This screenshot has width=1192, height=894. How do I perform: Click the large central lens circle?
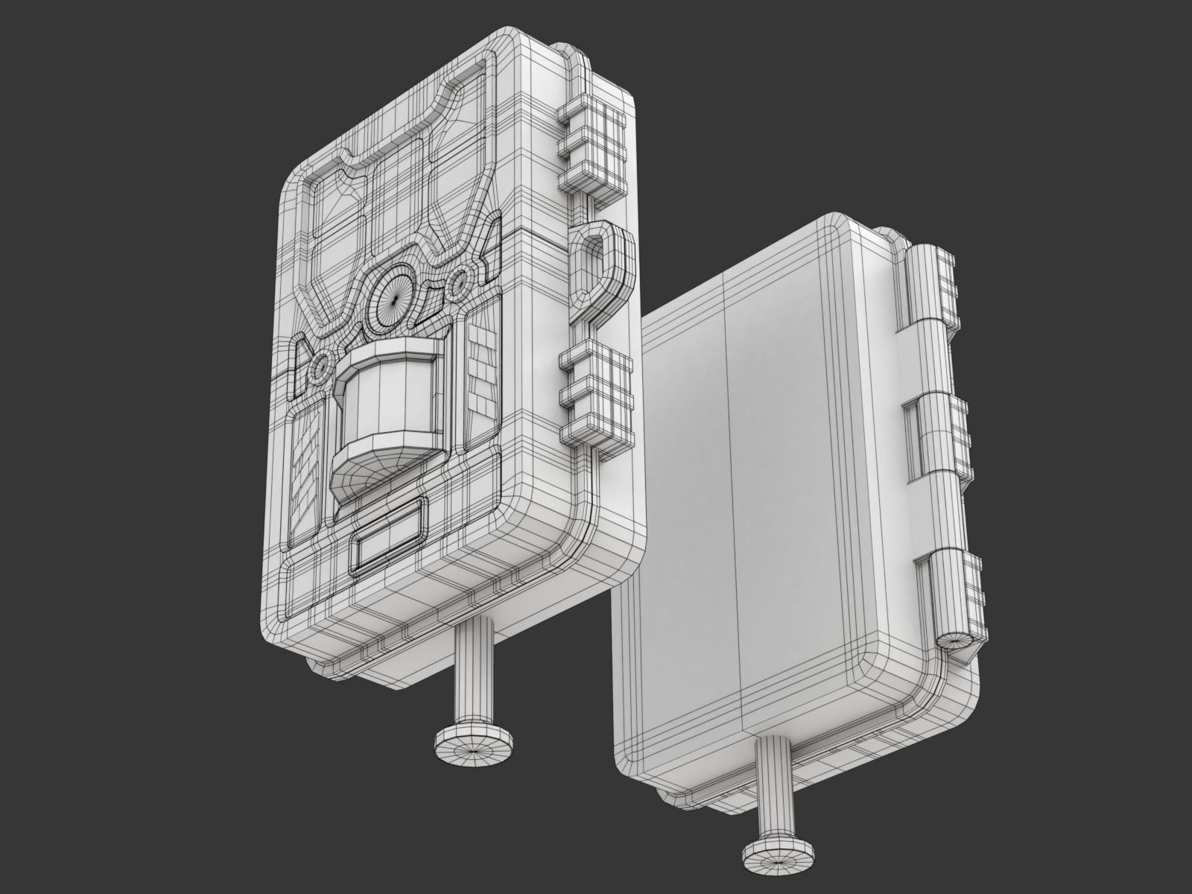click(393, 296)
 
